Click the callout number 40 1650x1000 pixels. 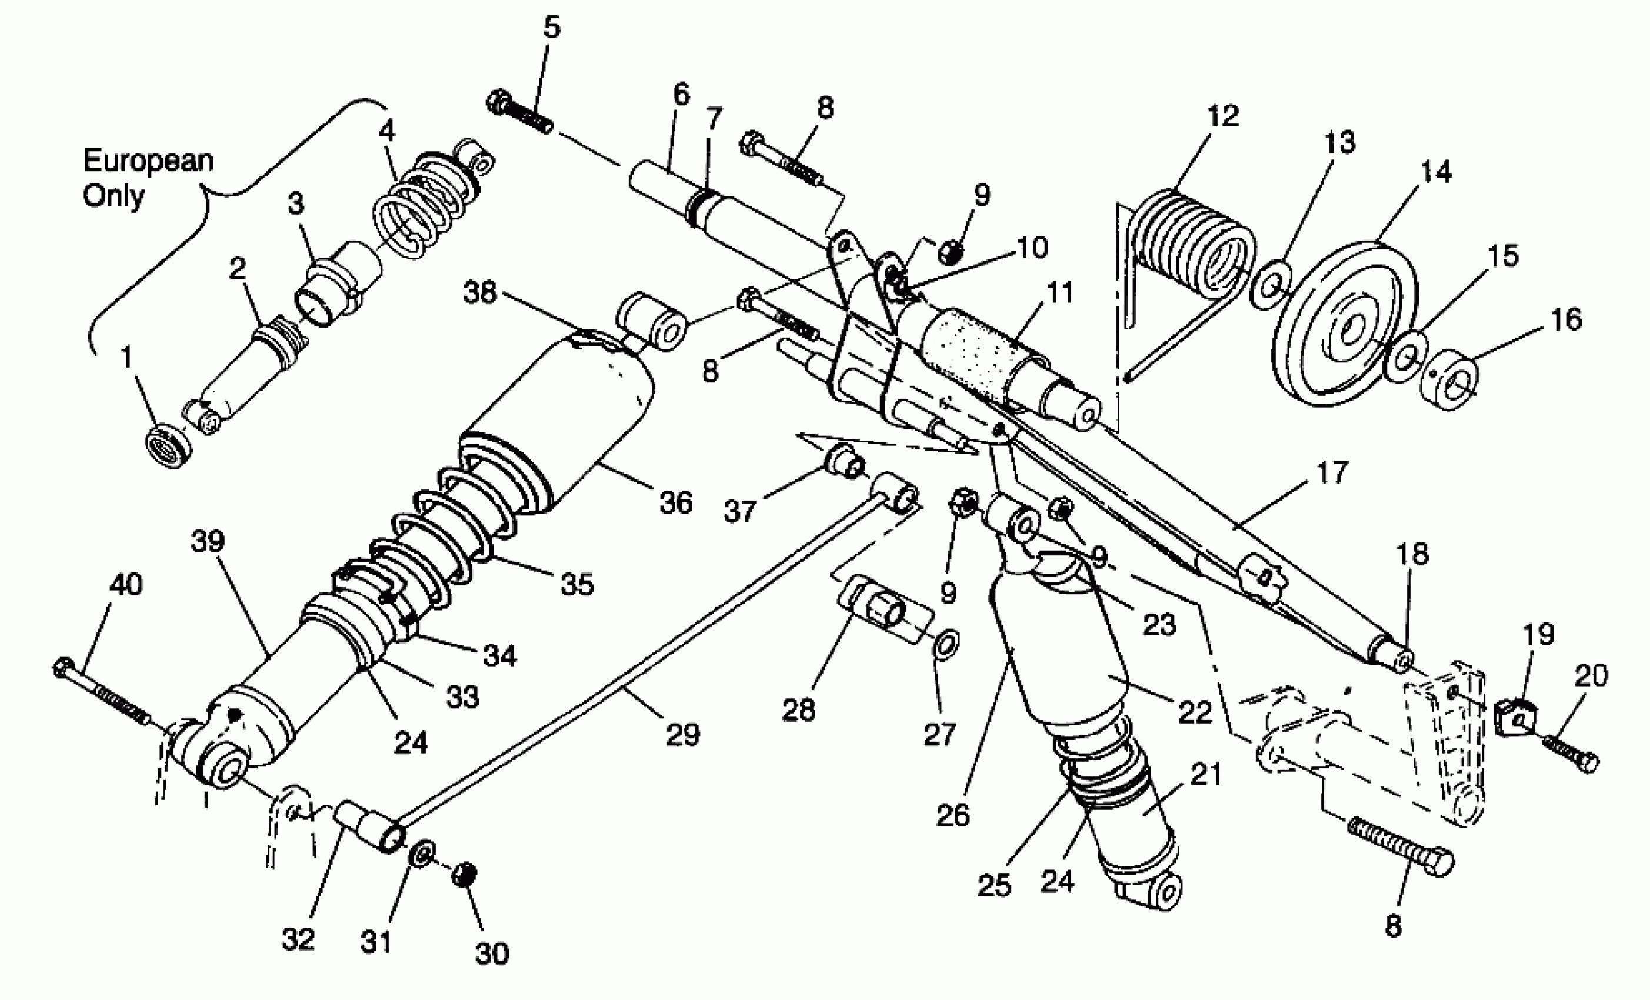click(x=125, y=585)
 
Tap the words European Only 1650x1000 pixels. click(x=147, y=178)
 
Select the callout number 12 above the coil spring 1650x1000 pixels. click(x=1223, y=116)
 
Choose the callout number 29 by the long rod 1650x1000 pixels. click(x=682, y=734)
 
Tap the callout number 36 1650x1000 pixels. click(x=675, y=502)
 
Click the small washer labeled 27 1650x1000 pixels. click(x=945, y=643)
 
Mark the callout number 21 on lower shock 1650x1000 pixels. click(x=1206, y=775)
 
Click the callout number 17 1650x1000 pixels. click(x=1331, y=472)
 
